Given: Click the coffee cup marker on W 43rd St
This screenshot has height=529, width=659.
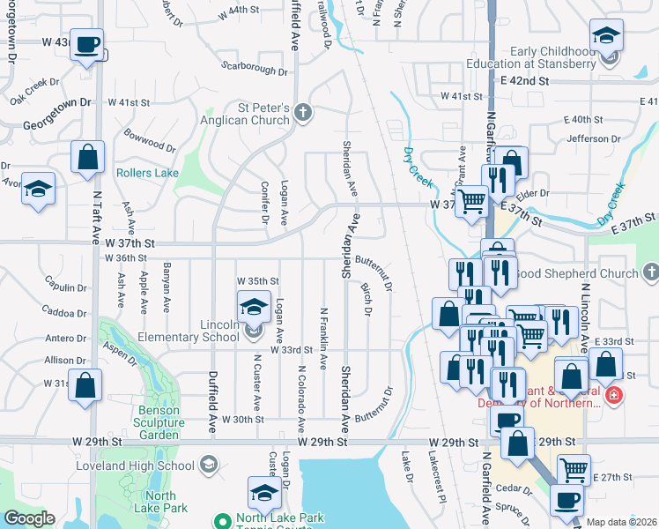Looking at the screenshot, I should pos(86,44).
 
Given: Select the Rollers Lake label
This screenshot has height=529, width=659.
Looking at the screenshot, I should pos(147,173).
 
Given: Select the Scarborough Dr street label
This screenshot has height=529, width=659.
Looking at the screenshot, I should pos(254,68).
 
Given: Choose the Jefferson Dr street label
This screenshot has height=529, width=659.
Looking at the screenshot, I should pos(594,138).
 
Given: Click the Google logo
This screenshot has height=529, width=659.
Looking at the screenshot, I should pos(30,518).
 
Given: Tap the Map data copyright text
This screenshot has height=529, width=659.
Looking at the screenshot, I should pos(620,522).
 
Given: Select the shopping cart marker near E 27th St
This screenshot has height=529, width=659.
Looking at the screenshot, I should pos(574,469).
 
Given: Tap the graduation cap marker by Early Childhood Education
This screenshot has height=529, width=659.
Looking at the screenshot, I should pos(606,37).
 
